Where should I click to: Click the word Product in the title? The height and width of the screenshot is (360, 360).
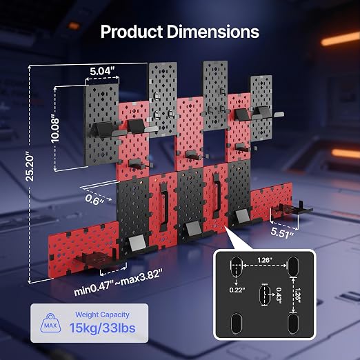(x=132, y=32)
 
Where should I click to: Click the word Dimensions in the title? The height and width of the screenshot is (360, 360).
(x=213, y=32)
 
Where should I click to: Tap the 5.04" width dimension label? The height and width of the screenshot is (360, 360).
(x=102, y=71)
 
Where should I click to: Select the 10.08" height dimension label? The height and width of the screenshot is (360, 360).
(x=55, y=130)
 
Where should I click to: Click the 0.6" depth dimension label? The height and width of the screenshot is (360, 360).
(x=94, y=199)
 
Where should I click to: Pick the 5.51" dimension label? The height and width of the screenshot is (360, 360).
(x=282, y=232)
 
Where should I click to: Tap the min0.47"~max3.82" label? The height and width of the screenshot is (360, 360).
(x=119, y=282)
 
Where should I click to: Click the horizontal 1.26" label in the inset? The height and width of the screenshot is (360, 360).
(x=265, y=260)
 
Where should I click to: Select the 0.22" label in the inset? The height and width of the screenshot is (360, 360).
(x=237, y=290)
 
